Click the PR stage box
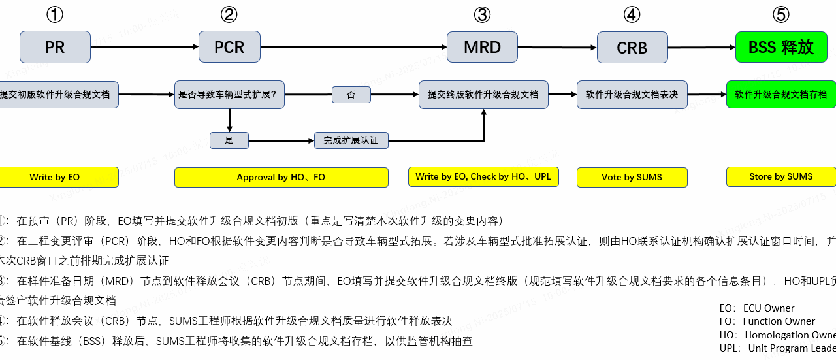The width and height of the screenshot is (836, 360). tap(55, 47)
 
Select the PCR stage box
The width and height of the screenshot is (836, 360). tap(229, 47)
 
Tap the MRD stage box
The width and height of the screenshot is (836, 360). tap(482, 47)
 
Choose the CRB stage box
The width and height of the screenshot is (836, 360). tap(632, 47)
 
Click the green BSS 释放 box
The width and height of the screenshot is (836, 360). tap(781, 47)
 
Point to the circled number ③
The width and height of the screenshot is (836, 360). tap(482, 14)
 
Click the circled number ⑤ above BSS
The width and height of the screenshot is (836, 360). tap(781, 14)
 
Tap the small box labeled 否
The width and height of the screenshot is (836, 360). tap(351, 95)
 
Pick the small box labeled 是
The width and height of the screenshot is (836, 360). tap(229, 140)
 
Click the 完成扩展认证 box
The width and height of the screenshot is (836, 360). tap(351, 140)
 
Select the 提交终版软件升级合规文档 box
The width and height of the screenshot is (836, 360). tap(483, 95)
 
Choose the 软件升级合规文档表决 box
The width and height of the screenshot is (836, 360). tap(632, 95)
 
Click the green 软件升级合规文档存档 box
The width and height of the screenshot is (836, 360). tap(781, 95)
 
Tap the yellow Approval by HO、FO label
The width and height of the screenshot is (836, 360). tap(281, 177)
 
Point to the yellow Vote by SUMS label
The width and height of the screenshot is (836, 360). tap(632, 177)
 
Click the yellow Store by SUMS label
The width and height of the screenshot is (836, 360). tap(781, 176)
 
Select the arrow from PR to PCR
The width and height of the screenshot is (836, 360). tap(144, 46)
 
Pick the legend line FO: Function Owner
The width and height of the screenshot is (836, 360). tap(767, 321)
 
